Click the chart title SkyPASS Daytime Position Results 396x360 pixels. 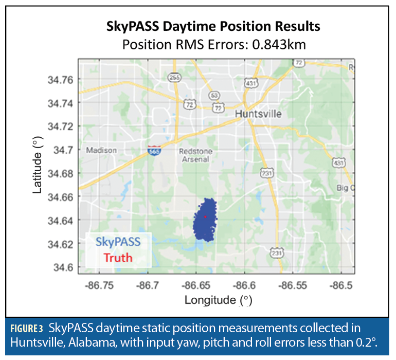coord(212,26)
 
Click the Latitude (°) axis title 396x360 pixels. coord(38,168)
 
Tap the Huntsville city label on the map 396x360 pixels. coord(258,114)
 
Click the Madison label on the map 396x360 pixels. coord(101,151)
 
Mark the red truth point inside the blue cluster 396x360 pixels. coord(205,217)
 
